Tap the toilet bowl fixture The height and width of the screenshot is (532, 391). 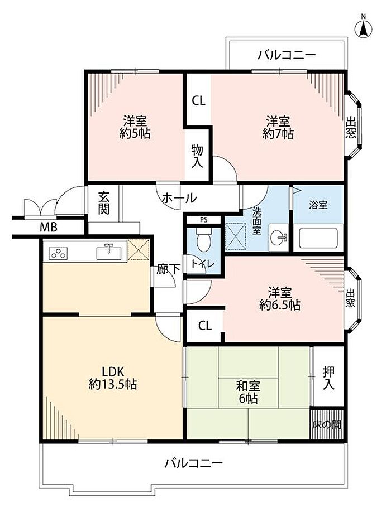(204, 240)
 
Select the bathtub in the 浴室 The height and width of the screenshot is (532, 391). (318, 239)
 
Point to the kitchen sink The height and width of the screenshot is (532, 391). (109, 252)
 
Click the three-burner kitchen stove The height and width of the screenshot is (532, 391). (58, 253)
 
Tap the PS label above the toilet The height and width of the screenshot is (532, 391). (203, 220)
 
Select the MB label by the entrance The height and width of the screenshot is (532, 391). (48, 228)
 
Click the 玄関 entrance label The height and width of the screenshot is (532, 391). (103, 203)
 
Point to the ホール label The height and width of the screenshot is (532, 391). (179, 198)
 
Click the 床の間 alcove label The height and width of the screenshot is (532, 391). (327, 425)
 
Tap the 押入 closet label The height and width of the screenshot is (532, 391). (328, 378)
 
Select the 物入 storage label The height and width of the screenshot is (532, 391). (197, 156)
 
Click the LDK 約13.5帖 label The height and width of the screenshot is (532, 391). (113, 378)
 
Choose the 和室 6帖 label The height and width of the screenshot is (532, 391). (248, 392)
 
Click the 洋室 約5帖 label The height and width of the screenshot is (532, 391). (135, 127)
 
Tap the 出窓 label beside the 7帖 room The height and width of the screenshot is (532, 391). (351, 127)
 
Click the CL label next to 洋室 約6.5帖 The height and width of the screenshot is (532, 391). (204, 326)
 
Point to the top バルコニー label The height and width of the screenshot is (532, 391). (287, 55)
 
